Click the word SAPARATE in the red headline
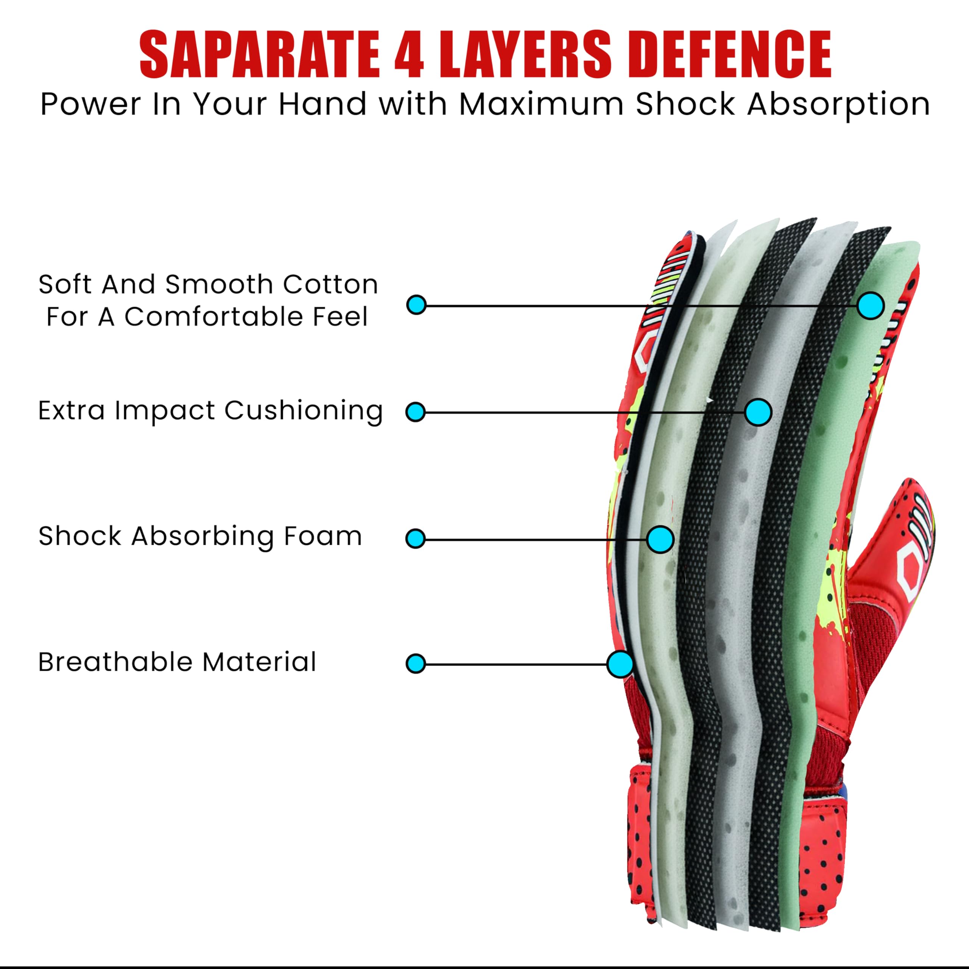[259, 54]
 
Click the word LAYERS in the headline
[526, 54]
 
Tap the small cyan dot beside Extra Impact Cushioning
[415, 412]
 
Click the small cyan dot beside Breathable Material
[415, 664]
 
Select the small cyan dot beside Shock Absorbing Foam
[415, 539]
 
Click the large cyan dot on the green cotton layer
[870, 305]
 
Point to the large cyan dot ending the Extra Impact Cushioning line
[758, 412]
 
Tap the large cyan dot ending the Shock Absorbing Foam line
[660, 539]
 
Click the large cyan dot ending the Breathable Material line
[620, 664]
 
